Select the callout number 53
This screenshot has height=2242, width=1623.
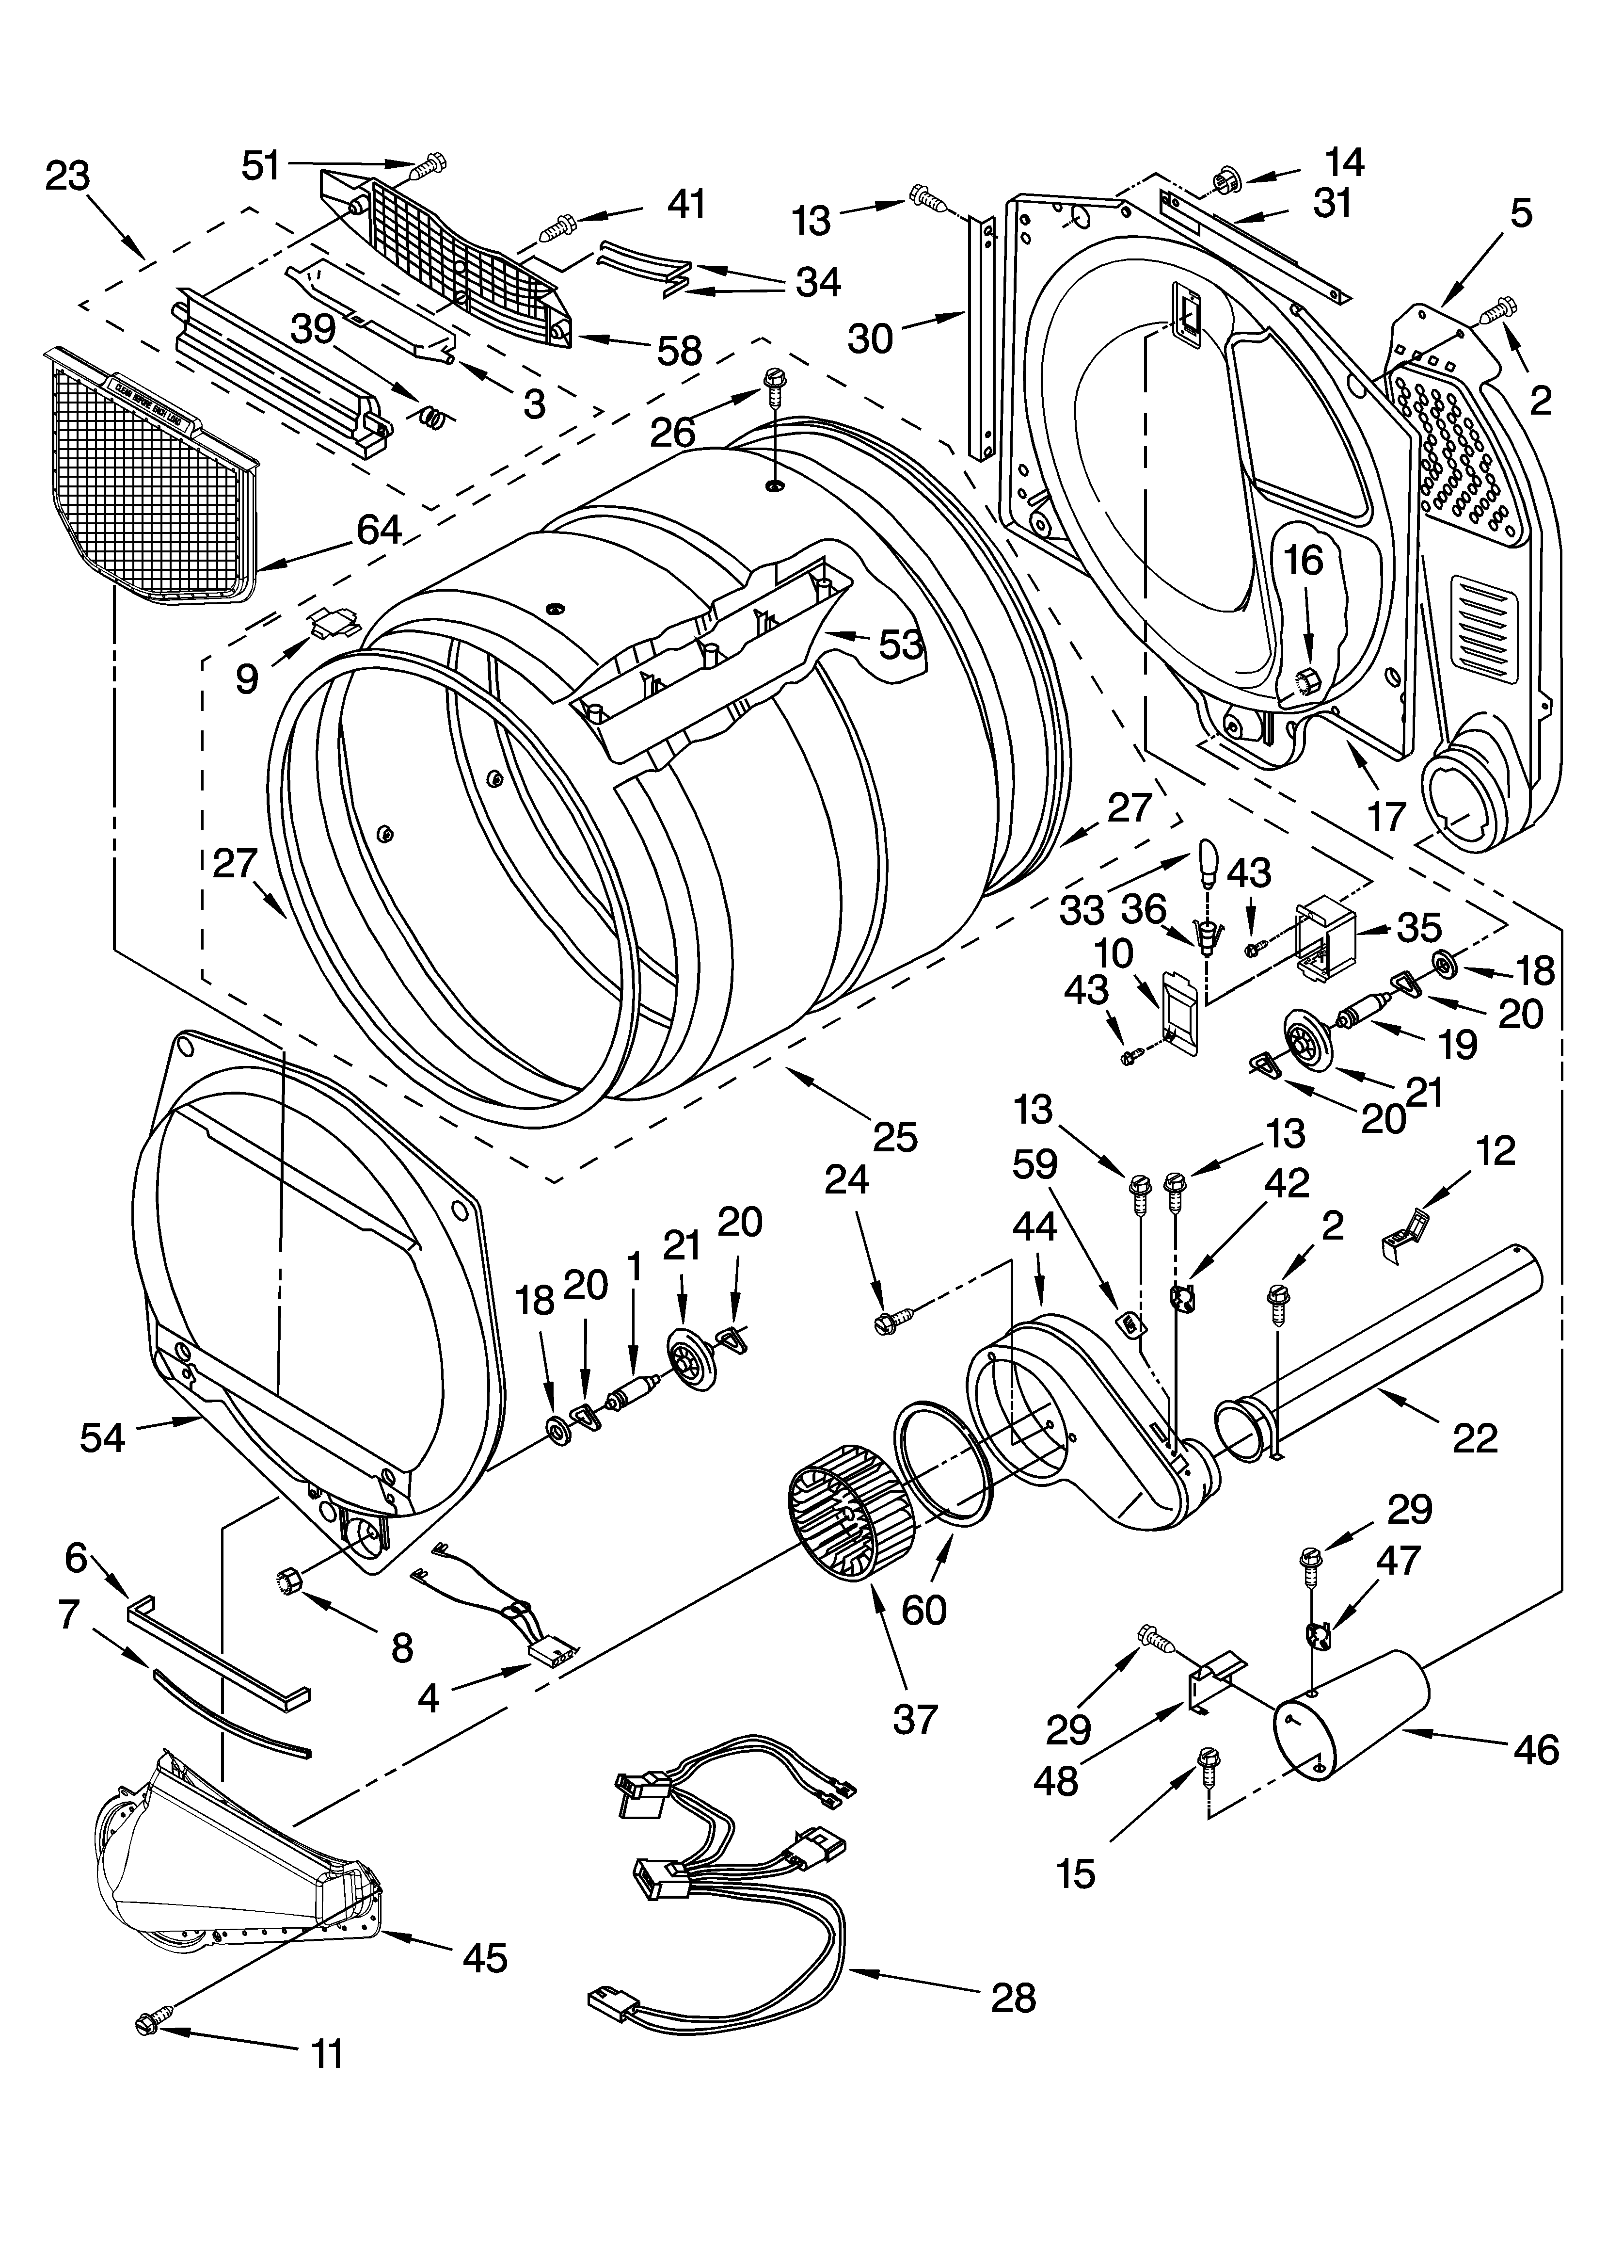899,645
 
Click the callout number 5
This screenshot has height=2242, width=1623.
1520,212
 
